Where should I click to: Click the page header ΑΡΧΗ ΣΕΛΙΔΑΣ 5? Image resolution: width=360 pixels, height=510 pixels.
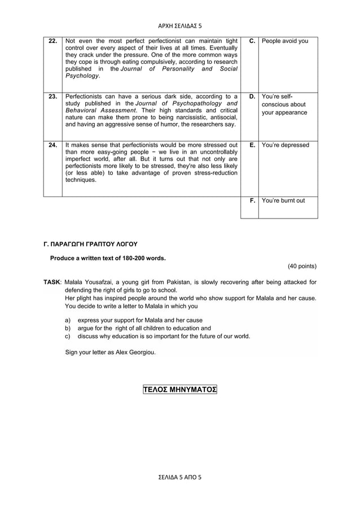coord(180,25)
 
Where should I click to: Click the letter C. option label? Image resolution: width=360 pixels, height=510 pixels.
coord(252,41)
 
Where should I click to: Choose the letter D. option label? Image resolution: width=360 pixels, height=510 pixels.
coord(252,97)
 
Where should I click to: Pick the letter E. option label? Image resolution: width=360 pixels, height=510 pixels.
coord(252,145)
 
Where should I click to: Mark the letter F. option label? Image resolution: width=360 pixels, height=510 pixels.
coord(252,200)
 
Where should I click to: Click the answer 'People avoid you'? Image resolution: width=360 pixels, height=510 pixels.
coord(285,41)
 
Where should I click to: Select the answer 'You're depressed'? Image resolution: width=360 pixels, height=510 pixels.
coord(286,145)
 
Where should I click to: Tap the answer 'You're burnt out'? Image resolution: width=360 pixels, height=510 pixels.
coord(283,200)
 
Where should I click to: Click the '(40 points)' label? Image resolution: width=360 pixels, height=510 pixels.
coord(302,266)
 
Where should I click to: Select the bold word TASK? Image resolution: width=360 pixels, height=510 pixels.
coord(52,282)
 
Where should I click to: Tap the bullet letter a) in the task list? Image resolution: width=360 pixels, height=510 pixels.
coord(68,320)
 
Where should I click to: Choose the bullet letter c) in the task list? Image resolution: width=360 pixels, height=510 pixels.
coord(68,336)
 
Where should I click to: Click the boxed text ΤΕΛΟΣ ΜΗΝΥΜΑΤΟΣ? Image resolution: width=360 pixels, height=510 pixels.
coord(180,390)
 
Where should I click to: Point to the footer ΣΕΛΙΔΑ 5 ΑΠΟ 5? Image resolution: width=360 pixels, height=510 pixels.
coord(180,477)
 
